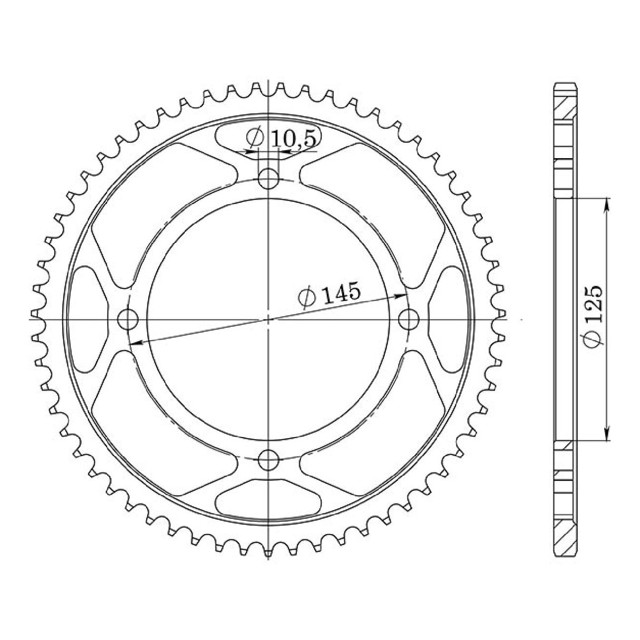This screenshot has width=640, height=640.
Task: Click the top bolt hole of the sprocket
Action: click(269, 178)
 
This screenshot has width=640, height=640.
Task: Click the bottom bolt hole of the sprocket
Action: click(269, 460)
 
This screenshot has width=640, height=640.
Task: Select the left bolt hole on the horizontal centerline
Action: click(127, 319)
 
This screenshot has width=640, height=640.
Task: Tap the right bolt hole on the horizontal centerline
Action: click(409, 319)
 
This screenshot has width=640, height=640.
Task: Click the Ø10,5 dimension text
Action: click(282, 139)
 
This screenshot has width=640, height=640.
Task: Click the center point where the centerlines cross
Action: click(269, 319)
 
